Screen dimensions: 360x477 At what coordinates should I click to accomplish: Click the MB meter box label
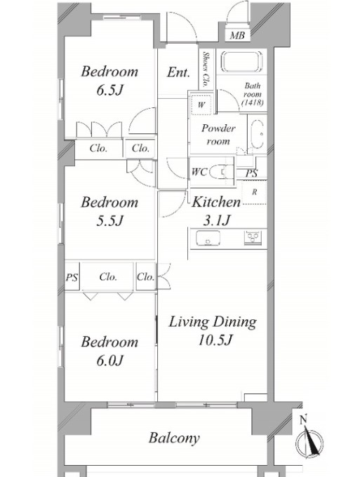pyautogui.click(x=237, y=36)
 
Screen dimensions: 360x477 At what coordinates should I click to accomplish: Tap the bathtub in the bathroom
pyautogui.click(x=241, y=62)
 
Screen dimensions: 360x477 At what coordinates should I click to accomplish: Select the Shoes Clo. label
pyautogui.click(x=206, y=69)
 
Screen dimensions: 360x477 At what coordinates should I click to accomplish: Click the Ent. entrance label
pyautogui.click(x=178, y=72)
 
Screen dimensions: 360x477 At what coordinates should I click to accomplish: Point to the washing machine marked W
pyautogui.click(x=201, y=105)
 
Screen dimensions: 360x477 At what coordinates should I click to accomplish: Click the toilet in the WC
pyautogui.click(x=219, y=173)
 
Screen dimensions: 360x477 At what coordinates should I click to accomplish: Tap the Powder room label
pyautogui.click(x=218, y=134)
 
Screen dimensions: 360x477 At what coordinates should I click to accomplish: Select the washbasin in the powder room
pyautogui.click(x=258, y=134)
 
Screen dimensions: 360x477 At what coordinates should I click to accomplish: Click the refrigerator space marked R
pyautogui.click(x=255, y=192)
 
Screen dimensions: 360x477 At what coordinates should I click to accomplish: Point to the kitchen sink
pyautogui.click(x=208, y=238)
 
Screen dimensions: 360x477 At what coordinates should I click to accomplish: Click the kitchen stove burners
pyautogui.click(x=253, y=236)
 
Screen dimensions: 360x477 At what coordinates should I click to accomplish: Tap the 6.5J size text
pyautogui.click(x=110, y=90)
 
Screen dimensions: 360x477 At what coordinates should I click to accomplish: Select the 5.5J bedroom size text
pyautogui.click(x=109, y=220)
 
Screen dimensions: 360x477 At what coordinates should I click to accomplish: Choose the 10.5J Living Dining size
pyautogui.click(x=215, y=340)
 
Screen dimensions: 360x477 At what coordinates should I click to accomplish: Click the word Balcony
pyautogui.click(x=174, y=438)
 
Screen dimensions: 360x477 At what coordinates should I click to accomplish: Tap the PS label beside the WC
pyautogui.click(x=251, y=173)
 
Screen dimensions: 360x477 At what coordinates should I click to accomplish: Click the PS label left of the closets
pyautogui.click(x=72, y=277)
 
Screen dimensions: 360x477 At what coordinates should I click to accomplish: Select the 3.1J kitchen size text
pyautogui.click(x=216, y=220)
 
